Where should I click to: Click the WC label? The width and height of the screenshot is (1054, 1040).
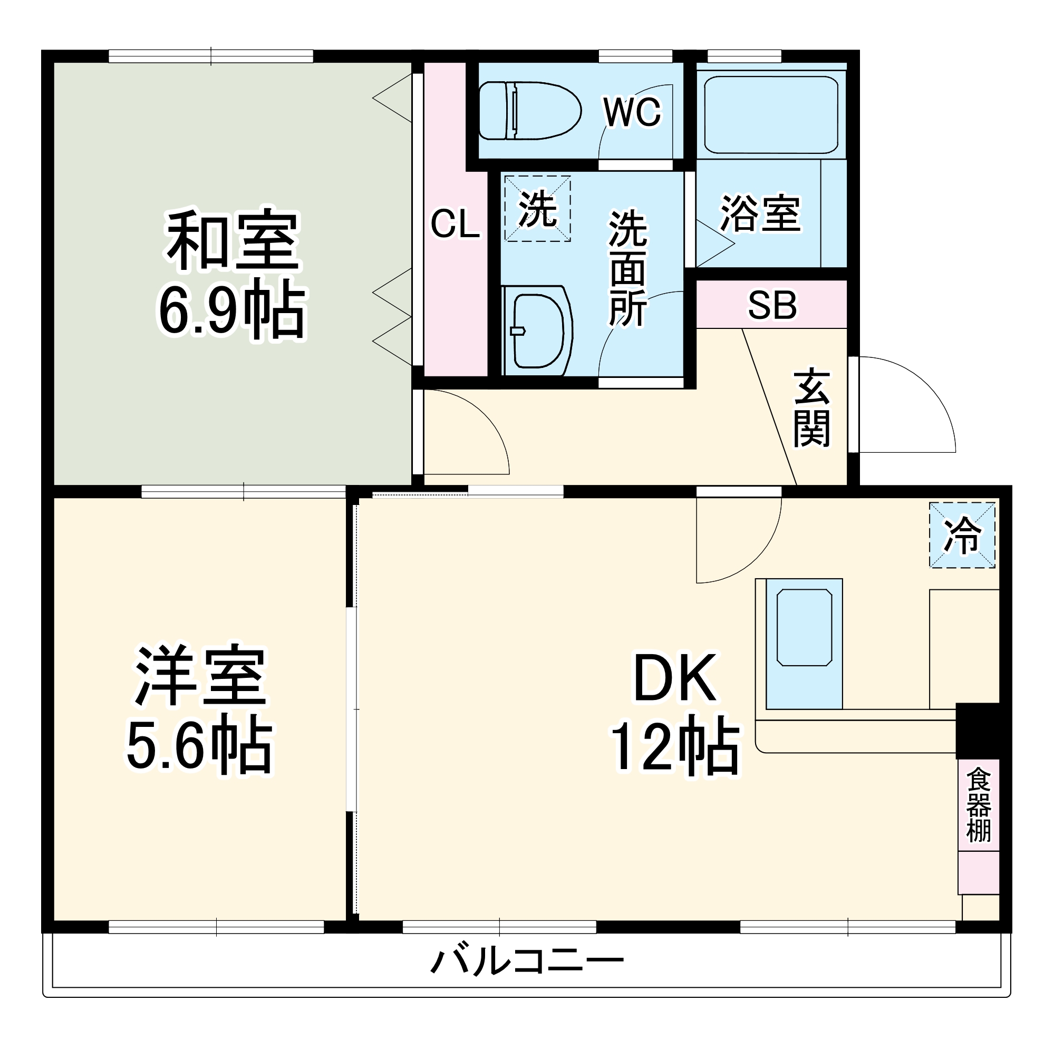(x=632, y=112)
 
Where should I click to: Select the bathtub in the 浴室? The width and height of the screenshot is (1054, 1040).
(x=770, y=115)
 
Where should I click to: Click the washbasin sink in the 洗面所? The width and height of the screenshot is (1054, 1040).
(x=538, y=331)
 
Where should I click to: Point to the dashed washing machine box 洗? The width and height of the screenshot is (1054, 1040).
(x=537, y=208)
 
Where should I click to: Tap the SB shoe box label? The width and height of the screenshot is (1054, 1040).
(x=772, y=305)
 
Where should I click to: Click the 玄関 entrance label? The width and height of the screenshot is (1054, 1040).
(x=811, y=409)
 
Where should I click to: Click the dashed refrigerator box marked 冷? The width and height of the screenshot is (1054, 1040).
(x=962, y=535)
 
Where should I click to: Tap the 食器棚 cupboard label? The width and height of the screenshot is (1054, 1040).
(x=978, y=805)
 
